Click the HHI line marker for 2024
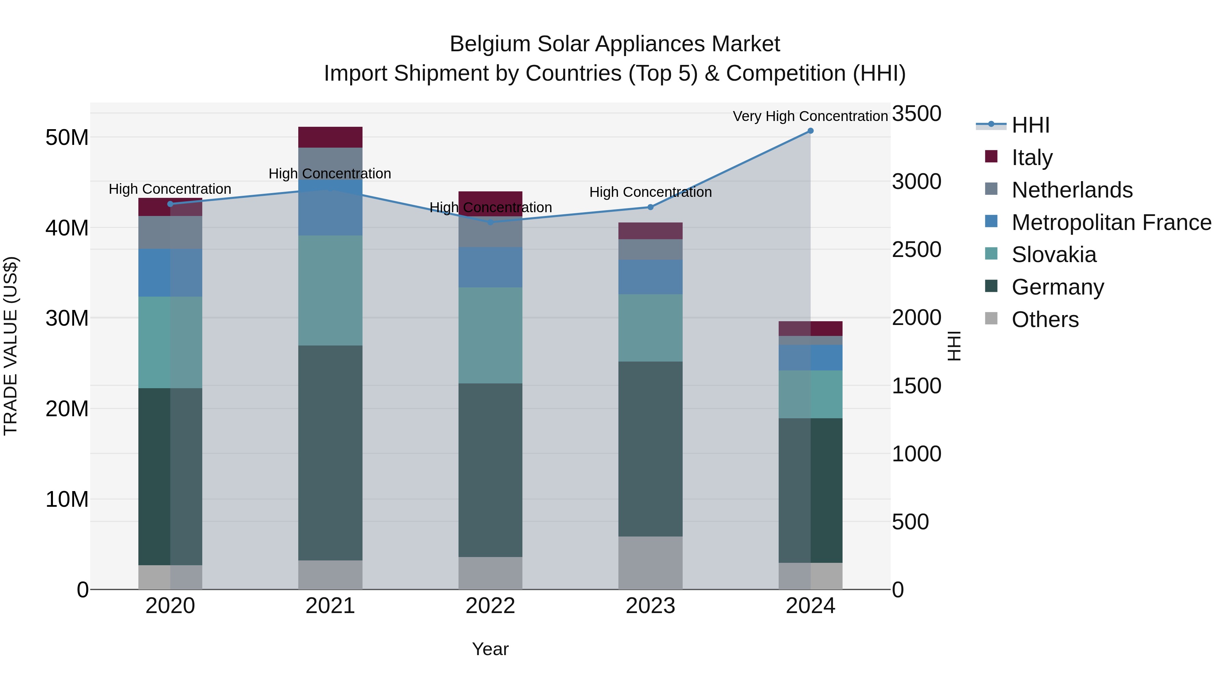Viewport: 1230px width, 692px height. [x=810, y=131]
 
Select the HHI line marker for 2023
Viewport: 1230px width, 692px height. [x=650, y=207]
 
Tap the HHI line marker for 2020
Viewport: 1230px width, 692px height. [x=170, y=204]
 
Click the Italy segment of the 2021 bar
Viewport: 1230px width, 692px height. [x=330, y=137]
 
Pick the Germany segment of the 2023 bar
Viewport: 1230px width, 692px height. [x=650, y=449]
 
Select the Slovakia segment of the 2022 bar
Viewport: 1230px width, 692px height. [x=490, y=335]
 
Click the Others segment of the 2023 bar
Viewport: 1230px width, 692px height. [x=650, y=562]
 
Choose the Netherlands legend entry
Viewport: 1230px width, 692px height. [x=1072, y=190]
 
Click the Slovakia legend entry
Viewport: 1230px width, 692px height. [x=1054, y=255]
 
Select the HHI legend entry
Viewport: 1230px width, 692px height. [x=1030, y=125]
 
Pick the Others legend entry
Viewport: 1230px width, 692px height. [x=1045, y=320]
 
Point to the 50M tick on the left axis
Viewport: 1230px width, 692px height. [x=67, y=137]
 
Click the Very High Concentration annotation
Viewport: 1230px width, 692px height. [x=810, y=116]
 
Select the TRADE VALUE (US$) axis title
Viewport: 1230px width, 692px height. [x=11, y=346]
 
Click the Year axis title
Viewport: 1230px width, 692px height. [x=490, y=649]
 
